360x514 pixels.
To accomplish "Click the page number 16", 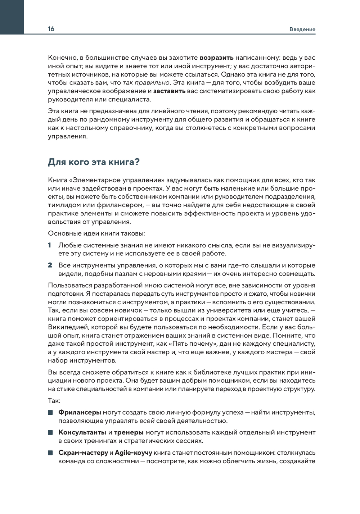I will (51, 29).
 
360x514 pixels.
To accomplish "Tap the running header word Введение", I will (302, 29).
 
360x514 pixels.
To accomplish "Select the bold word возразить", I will (217, 58).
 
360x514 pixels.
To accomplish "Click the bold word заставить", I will (169, 91).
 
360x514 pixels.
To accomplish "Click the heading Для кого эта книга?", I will (94, 162).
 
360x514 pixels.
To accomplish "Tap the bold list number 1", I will (50, 245).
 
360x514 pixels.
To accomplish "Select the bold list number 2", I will (50, 265).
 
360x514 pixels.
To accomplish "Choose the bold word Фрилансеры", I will (80, 412).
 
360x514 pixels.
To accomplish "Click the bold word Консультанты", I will (82, 432).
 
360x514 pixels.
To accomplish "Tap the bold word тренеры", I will (129, 432).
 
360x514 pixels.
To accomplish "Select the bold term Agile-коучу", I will (133, 452).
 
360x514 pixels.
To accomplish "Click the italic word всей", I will (147, 421).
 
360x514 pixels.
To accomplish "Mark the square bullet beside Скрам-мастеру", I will (50, 452).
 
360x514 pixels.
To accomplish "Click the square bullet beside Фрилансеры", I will (50, 412).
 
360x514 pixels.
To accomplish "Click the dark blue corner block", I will (12, 17).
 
